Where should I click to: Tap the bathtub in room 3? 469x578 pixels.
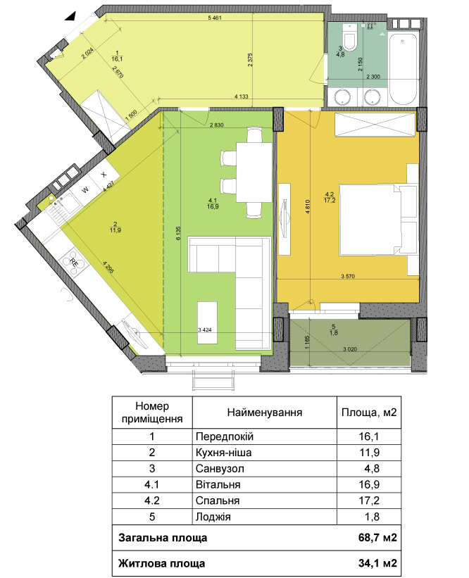click(403, 69)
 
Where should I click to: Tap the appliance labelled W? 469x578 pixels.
click(85, 190)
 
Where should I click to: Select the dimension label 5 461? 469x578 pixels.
click(215, 18)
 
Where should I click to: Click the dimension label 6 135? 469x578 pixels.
click(178, 233)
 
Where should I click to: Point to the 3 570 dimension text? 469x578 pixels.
click(348, 276)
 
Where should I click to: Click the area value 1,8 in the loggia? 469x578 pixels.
click(334, 333)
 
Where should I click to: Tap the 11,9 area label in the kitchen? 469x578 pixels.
click(115, 230)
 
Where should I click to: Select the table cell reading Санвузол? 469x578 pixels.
click(220, 468)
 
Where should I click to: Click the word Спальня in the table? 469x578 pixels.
click(218, 501)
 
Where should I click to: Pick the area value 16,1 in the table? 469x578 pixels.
click(369, 436)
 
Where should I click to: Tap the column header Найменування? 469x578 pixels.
click(264, 412)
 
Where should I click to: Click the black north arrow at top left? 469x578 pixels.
click(71, 15)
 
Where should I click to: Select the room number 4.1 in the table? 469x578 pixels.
click(152, 485)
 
